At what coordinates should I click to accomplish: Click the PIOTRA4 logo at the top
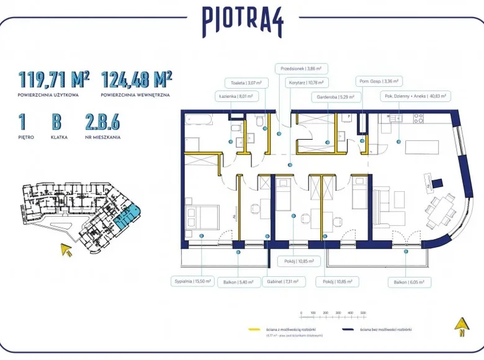click(243, 22)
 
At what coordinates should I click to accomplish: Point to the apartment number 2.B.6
click(103, 122)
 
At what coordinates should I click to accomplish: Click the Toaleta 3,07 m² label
click(246, 83)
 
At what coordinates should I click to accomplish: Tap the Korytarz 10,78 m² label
click(309, 83)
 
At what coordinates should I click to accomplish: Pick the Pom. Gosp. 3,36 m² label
click(380, 81)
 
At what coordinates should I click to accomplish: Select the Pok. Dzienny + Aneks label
click(415, 96)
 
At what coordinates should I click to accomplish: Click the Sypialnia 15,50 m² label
click(192, 281)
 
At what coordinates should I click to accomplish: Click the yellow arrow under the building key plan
click(65, 250)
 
